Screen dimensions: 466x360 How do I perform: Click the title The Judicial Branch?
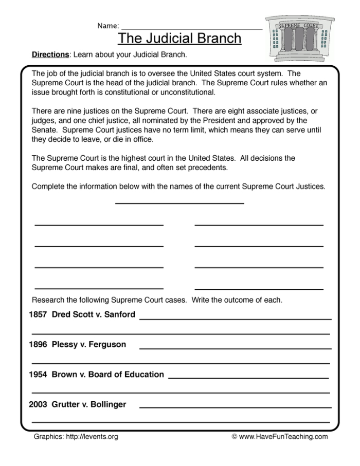coord(179,39)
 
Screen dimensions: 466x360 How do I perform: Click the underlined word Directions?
coord(50,54)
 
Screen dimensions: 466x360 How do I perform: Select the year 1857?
coord(38,314)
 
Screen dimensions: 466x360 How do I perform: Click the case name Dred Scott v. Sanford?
coord(94,314)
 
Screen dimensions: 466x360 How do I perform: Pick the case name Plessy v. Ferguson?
coord(89,344)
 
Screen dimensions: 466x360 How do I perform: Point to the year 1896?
coord(38,344)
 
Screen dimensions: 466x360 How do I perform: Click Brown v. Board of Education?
coord(108,375)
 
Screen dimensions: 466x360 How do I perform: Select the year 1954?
coord(38,375)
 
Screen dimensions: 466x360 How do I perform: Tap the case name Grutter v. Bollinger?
coord(89,404)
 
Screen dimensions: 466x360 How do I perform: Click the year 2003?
coord(38,404)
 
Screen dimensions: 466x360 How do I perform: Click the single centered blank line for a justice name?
coord(179,203)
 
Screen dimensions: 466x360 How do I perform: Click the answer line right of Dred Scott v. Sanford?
coord(235,319)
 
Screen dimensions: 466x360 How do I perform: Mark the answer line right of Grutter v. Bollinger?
coord(235,408)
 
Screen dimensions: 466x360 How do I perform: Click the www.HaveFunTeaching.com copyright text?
coord(279,437)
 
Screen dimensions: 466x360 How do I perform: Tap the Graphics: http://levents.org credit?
coord(76,437)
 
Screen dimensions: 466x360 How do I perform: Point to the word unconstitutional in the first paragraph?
coord(175,92)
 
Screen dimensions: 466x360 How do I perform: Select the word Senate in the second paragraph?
coord(43,131)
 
